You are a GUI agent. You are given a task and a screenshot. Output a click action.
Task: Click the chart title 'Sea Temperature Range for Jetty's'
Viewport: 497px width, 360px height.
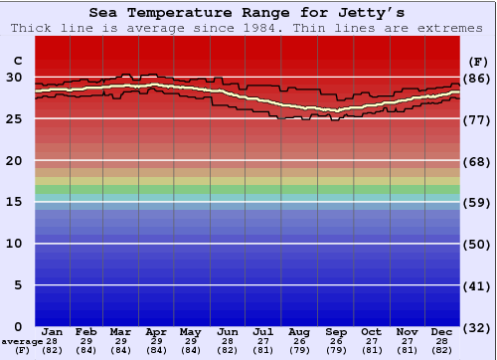248,13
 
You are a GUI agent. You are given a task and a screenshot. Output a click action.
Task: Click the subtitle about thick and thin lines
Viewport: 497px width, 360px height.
248,28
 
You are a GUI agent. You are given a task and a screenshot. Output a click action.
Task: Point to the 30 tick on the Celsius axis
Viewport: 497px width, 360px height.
14,77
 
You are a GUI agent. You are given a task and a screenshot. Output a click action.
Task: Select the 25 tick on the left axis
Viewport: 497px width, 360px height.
14,118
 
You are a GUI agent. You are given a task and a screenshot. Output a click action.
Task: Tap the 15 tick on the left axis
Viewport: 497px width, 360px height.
14,202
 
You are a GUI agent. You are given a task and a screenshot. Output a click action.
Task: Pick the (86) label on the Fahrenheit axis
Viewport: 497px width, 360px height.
478,78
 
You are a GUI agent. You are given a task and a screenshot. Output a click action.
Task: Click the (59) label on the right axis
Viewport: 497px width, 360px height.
478,202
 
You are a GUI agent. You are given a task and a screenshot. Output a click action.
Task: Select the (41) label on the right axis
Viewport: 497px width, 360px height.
478,285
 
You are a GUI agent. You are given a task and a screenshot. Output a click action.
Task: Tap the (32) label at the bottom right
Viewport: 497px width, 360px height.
478,327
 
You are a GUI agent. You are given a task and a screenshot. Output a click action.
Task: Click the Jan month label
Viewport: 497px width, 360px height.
53,331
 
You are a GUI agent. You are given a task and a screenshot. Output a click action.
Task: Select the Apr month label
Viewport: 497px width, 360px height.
156,331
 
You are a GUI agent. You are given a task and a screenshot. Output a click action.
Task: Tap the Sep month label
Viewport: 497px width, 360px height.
335,331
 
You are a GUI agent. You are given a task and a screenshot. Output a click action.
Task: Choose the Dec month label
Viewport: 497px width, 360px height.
442,331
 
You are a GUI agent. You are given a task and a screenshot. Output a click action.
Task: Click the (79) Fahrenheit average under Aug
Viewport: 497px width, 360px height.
299,350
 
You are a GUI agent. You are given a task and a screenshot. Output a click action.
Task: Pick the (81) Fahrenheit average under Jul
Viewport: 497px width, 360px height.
263,350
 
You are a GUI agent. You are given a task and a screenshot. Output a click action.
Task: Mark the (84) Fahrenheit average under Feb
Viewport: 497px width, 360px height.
85,350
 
